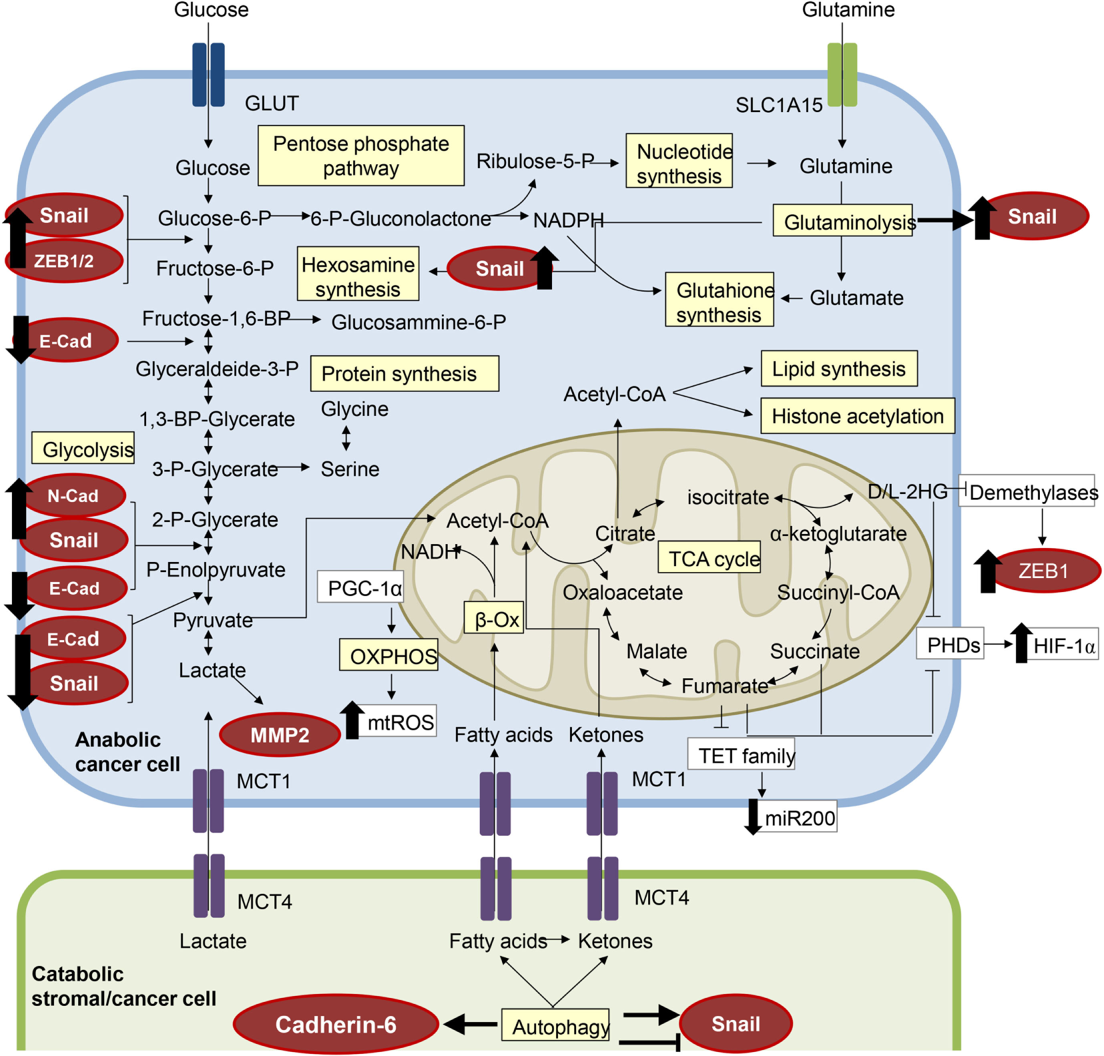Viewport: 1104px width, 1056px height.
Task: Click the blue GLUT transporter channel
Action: (x=208, y=75)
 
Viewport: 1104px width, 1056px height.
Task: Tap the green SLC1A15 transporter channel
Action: (x=842, y=75)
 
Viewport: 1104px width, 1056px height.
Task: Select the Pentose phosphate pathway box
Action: (x=360, y=156)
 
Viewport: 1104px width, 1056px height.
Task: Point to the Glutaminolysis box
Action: (x=843, y=221)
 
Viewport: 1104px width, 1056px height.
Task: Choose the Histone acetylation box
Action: (x=857, y=416)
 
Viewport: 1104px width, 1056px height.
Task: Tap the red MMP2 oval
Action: (x=280, y=735)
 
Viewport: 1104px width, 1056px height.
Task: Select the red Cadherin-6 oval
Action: (x=336, y=1024)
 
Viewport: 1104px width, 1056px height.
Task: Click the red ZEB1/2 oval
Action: (x=65, y=261)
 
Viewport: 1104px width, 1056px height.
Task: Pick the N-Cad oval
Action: (x=73, y=496)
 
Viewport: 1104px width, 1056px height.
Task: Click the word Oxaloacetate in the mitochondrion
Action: (x=622, y=592)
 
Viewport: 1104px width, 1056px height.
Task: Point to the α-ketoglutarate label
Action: (x=838, y=533)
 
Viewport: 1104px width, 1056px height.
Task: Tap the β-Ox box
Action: (x=495, y=619)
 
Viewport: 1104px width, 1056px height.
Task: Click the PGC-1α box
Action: (x=361, y=588)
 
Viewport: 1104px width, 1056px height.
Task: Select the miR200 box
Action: (x=799, y=818)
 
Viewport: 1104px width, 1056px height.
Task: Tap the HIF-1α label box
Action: (x=1063, y=645)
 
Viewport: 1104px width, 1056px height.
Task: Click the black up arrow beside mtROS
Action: (x=352, y=720)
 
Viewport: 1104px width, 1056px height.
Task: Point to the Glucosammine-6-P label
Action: (x=419, y=322)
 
